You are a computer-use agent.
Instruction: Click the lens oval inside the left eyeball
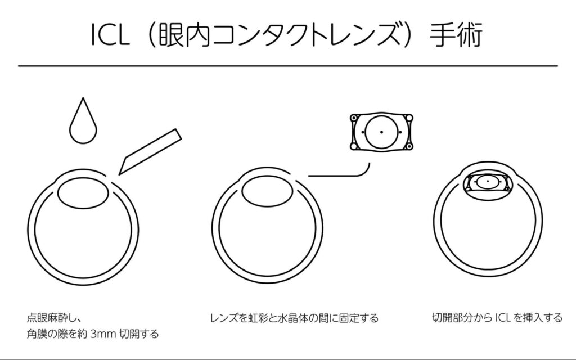[84, 192]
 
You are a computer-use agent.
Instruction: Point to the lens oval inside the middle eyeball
[267, 192]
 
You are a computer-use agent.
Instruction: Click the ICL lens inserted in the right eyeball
[487, 182]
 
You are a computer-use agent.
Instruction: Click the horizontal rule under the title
[287, 66]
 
